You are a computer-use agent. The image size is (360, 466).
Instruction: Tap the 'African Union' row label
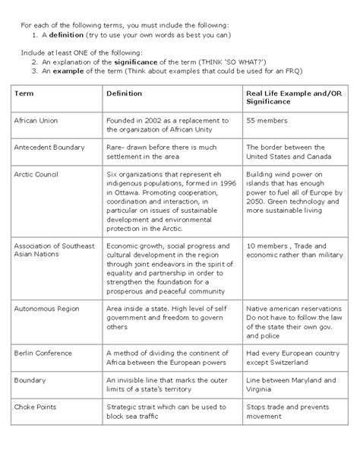point(35,120)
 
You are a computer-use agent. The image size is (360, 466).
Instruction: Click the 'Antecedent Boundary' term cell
point(49,147)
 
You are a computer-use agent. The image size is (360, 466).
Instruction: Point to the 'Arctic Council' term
point(36,173)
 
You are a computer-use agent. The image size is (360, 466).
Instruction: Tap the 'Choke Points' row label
point(34,407)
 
